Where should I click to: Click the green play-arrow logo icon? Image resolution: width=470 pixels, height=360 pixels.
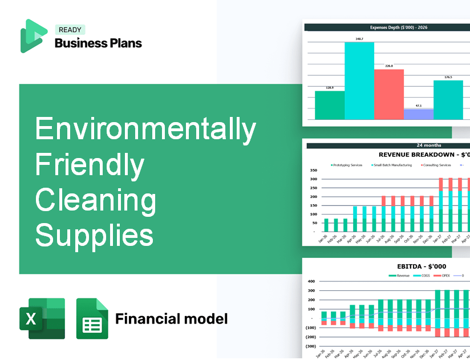pos(33,36)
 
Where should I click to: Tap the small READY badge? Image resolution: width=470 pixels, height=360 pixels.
pos(69,30)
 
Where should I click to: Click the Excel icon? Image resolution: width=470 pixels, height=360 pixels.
pos(42,318)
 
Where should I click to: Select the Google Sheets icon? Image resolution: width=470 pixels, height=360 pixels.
pos(92,318)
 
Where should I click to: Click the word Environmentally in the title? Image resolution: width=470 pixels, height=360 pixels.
pos(145,129)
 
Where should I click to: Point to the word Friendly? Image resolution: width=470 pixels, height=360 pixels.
pos(90,165)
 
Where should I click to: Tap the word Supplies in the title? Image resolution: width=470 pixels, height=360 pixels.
pos(94,235)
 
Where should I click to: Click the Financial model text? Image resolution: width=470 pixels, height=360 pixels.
pos(171,318)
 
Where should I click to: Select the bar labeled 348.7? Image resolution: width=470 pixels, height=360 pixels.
pos(359,80)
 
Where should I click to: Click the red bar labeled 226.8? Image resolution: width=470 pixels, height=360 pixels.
pos(388,94)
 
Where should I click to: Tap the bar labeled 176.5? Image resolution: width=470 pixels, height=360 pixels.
pos(448,100)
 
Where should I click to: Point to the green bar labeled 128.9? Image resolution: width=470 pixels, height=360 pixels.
pos(330,105)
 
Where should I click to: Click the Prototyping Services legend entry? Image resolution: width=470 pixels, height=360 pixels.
pos(347,165)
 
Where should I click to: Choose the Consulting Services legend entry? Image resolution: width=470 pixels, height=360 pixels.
pos(436,165)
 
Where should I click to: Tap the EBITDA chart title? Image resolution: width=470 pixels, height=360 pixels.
pos(422,266)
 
